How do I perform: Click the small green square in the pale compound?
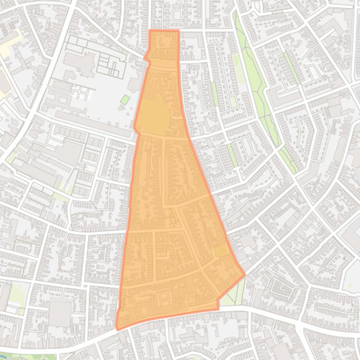(x=125, y=100)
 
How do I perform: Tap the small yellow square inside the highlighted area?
(x=221, y=252)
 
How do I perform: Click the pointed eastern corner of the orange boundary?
(x=244, y=274)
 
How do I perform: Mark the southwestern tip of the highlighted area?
(x=117, y=329)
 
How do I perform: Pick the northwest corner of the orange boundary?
(x=150, y=31)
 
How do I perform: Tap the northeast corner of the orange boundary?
(x=178, y=31)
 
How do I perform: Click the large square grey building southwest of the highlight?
(x=59, y=314)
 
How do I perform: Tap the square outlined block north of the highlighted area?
(x=176, y=14)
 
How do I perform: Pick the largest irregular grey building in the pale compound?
(x=80, y=64)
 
